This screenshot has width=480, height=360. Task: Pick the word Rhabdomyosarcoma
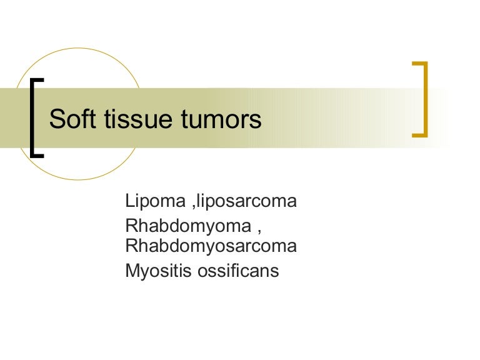point(211,246)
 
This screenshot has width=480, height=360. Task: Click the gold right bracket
point(426,98)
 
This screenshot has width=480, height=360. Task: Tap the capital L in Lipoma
point(129,202)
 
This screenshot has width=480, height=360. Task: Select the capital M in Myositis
point(131,272)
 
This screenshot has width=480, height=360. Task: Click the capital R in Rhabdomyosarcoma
point(131,246)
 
